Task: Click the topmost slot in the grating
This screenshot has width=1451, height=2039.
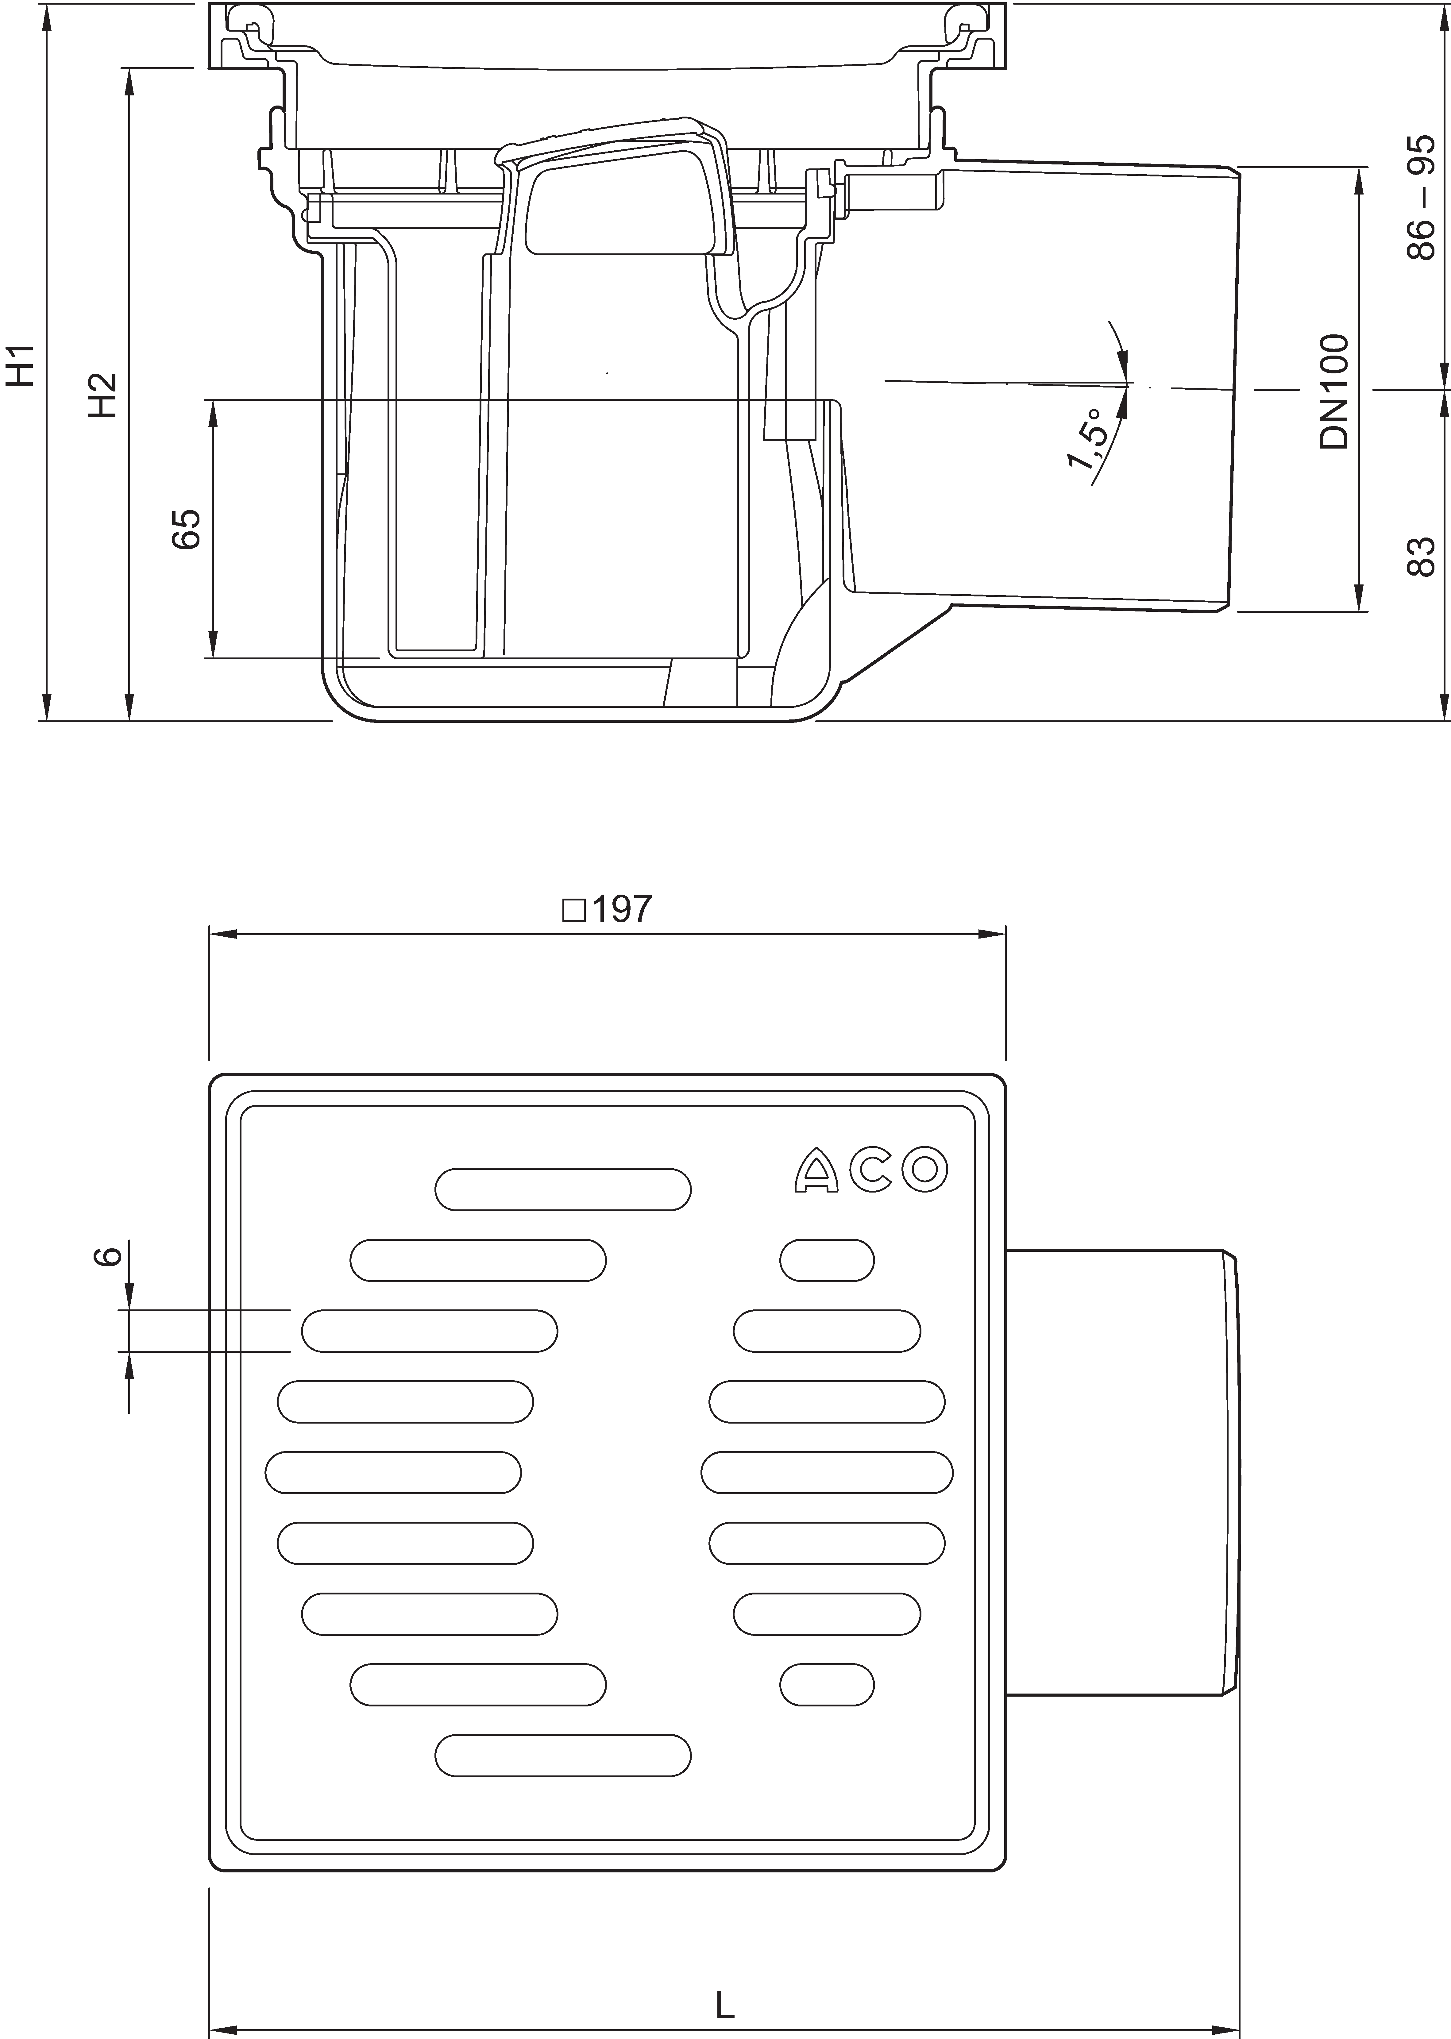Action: (x=563, y=1189)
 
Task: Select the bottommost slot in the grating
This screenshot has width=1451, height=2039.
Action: (x=563, y=1755)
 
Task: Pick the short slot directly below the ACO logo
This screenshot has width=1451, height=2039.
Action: (x=827, y=1260)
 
